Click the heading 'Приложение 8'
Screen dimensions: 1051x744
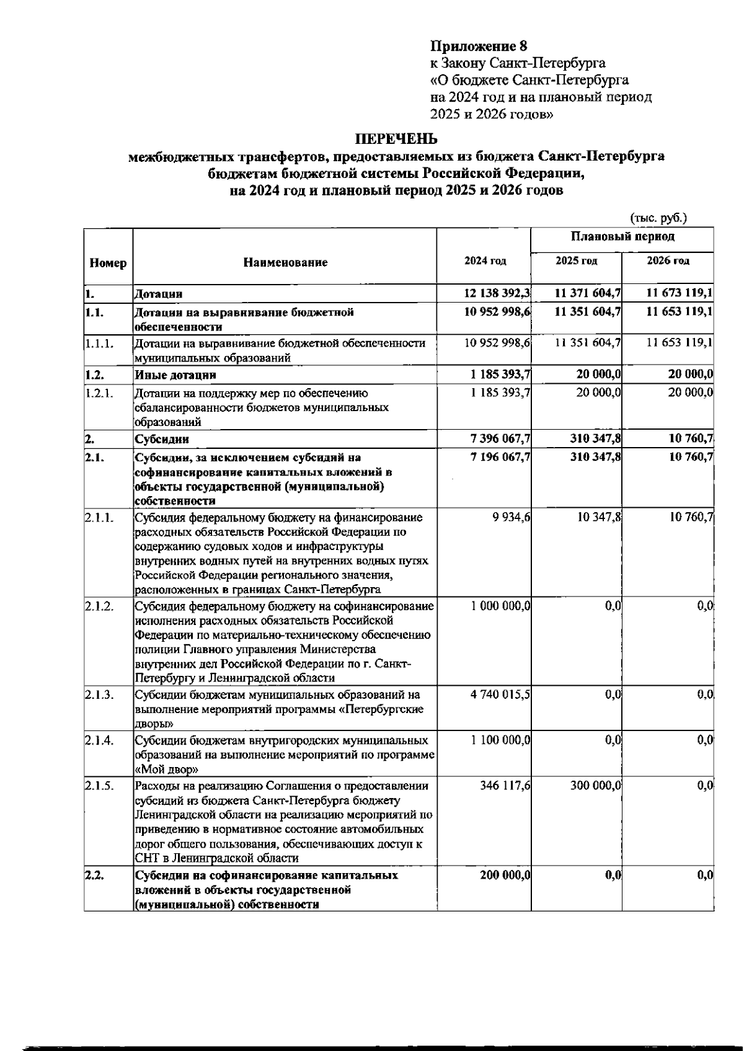[478, 46]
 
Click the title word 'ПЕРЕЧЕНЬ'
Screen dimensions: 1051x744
[396, 138]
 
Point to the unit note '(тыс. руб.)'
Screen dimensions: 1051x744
[658, 218]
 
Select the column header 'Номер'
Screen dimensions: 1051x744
[108, 263]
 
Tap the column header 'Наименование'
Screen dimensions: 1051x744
[285, 263]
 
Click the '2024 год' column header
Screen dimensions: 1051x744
[485, 261]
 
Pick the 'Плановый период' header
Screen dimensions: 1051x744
[622, 236]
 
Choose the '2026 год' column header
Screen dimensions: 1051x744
[668, 261]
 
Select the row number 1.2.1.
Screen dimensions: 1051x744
[100, 392]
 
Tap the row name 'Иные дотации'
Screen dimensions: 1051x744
[175, 375]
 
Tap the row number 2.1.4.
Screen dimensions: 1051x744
[100, 740]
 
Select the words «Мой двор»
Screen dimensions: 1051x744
[167, 769]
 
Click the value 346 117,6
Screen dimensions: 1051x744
[505, 786]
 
